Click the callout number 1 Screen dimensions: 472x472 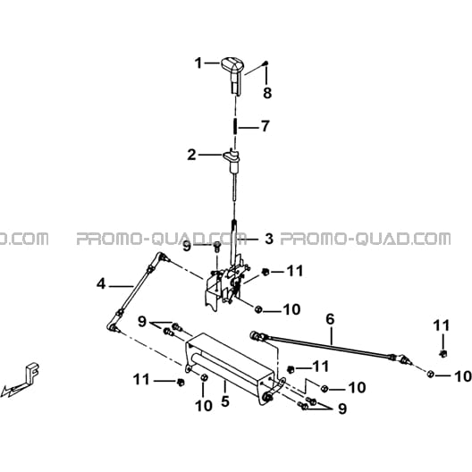pos(198,63)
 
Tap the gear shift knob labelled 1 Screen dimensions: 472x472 pos(233,75)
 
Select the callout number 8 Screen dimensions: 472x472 pos(267,92)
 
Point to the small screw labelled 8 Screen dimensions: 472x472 pos(265,63)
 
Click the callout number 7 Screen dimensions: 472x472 pos(265,126)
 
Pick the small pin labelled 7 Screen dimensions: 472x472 pos(235,127)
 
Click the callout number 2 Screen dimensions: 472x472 pos(191,156)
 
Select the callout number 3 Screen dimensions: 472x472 pos(269,239)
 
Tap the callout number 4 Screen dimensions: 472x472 pos(101,284)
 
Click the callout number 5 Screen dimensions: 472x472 pos(225,401)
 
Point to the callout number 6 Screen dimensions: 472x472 pos(330,319)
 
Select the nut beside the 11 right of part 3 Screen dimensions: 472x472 pos(265,272)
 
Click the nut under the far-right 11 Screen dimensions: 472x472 pos(443,354)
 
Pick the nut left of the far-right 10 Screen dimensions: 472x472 pos(430,375)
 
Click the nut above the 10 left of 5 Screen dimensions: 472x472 pos(203,377)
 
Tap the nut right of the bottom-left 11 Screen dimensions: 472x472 pos(181,383)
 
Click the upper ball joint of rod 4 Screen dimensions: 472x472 pos(162,257)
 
